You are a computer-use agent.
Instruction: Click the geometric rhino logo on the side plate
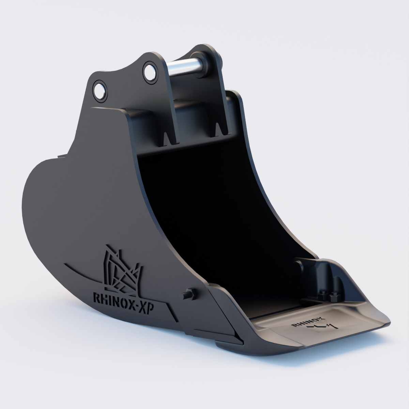(122, 272)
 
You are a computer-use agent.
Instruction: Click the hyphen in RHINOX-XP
(137, 307)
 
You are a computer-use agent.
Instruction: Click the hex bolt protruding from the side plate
(188, 293)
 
